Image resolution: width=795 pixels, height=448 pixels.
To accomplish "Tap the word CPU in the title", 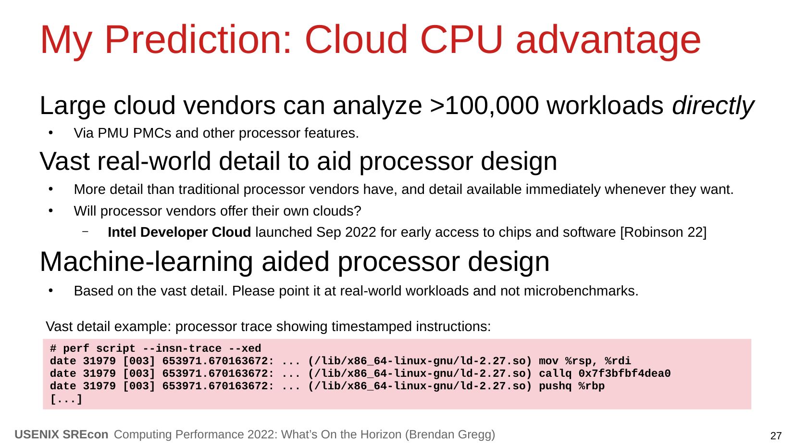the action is pyautogui.click(x=461, y=39).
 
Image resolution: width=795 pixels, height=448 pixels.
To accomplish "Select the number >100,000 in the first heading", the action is pyautogui.click(x=484, y=106).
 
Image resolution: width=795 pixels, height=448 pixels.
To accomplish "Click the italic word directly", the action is pyautogui.click(x=713, y=106).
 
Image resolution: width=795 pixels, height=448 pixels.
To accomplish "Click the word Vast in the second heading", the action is pyautogui.click(x=65, y=162).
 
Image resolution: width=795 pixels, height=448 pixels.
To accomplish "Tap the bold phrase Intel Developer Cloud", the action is pyautogui.click(x=179, y=232).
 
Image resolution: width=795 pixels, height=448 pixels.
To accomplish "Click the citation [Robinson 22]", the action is pyautogui.click(x=663, y=232).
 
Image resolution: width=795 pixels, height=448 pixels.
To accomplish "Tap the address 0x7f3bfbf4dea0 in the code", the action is pyautogui.click(x=624, y=374).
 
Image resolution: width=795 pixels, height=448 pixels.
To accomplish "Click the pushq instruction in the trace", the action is pyautogui.click(x=555, y=386).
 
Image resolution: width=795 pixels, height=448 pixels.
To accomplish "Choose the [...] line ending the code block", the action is pyautogui.click(x=66, y=399).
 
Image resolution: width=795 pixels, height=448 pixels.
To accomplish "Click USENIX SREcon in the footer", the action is pyautogui.click(x=62, y=435).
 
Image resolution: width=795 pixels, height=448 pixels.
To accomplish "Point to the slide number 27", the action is pyautogui.click(x=776, y=436).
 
